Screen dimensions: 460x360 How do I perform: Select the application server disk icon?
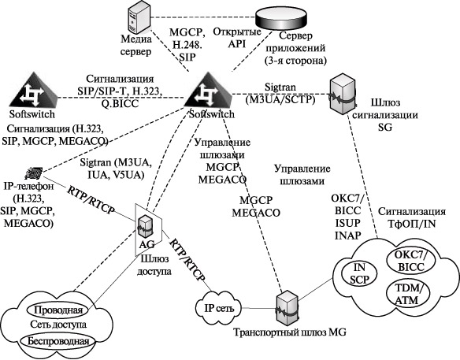click(x=281, y=19)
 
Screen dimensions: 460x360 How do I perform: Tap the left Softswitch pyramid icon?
click(x=33, y=90)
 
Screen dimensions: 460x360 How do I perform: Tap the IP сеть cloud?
click(x=219, y=308)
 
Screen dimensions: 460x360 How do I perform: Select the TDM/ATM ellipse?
click(x=408, y=295)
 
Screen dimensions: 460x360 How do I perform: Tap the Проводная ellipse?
click(x=58, y=310)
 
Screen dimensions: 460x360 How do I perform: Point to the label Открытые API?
click(x=236, y=38)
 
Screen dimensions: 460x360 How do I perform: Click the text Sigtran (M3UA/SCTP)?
click(x=280, y=94)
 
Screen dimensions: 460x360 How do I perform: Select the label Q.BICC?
click(x=120, y=104)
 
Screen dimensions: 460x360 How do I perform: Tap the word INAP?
click(x=347, y=236)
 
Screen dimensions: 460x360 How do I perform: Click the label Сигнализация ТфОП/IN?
click(x=412, y=217)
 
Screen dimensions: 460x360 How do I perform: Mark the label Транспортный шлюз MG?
click(x=290, y=332)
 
